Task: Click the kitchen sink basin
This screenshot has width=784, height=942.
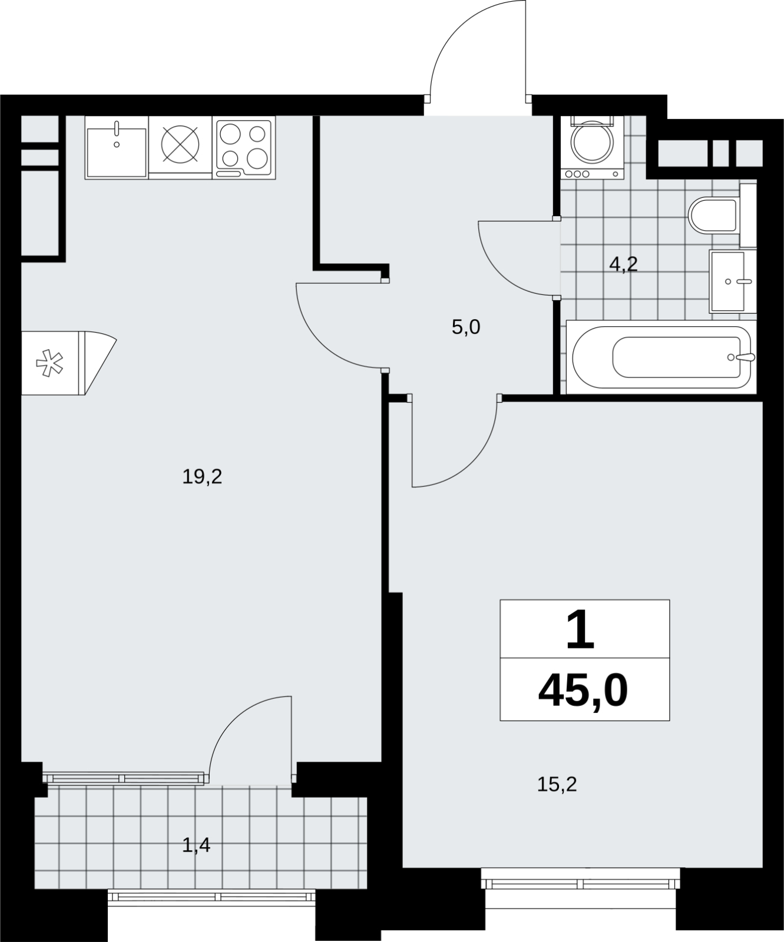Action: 117,148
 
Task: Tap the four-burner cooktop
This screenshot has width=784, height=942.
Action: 244,148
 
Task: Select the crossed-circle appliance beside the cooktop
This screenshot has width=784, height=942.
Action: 180,145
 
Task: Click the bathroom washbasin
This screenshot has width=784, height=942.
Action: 733,281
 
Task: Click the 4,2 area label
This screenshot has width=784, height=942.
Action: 623,264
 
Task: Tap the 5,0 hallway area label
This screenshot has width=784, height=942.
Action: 466,327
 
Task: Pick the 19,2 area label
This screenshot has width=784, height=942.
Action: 202,476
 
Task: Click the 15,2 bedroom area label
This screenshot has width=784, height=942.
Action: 557,784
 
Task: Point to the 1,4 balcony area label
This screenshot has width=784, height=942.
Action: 196,846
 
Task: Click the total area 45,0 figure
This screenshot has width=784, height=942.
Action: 583,691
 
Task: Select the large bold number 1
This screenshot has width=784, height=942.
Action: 581,629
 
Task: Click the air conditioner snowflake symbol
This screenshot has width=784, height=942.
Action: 49,363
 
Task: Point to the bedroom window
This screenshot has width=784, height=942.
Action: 581,883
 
